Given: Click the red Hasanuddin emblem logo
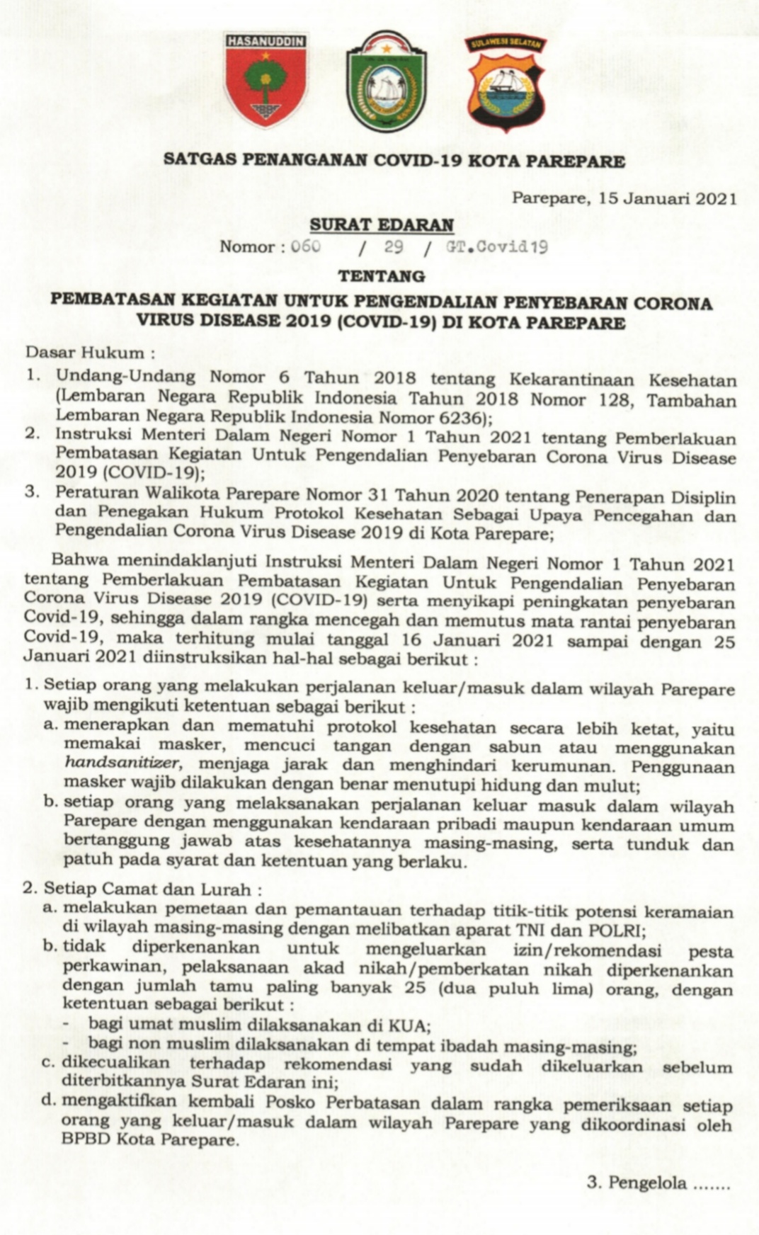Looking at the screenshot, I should tap(266, 79).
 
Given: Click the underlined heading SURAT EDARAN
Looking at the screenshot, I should tap(382, 225).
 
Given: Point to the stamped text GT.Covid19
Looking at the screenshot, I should tap(496, 247).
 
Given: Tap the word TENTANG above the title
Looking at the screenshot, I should tap(382, 275).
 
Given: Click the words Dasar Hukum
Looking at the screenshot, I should tap(84, 352).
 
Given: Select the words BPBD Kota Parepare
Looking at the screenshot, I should tap(149, 1140).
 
